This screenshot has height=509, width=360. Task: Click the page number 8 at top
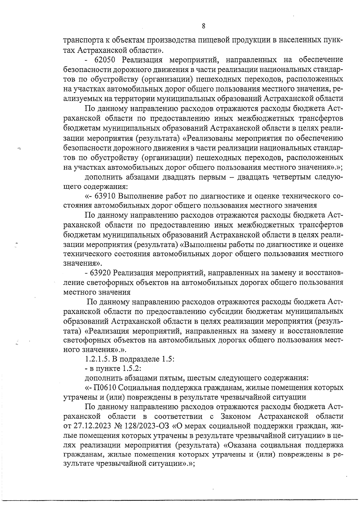pos(203,26)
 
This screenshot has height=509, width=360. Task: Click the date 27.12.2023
pos(90,426)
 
